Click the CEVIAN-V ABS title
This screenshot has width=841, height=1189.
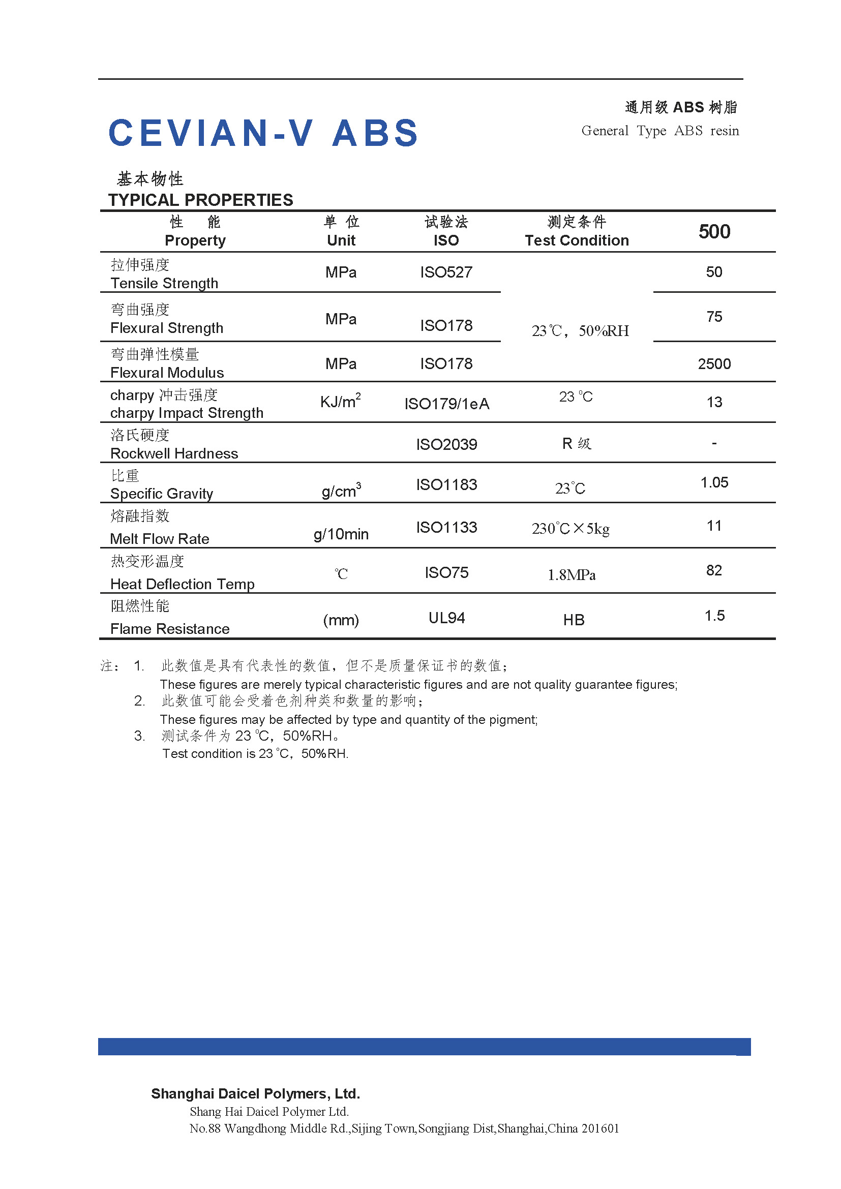tap(262, 133)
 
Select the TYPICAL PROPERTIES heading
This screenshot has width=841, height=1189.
tap(200, 200)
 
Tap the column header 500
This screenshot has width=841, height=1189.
tap(714, 231)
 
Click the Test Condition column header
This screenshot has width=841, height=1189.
tap(577, 240)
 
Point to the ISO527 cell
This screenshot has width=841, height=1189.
tap(446, 272)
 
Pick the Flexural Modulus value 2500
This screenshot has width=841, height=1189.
tap(714, 364)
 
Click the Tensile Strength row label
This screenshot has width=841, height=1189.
tap(164, 283)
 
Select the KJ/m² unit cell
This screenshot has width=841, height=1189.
tap(340, 402)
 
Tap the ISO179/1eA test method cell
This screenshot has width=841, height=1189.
tap(446, 404)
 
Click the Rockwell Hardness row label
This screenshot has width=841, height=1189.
tap(174, 453)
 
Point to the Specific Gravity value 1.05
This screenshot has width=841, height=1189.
tap(714, 482)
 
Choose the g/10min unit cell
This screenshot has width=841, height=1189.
tap(341, 534)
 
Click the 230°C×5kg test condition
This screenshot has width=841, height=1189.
tap(570, 529)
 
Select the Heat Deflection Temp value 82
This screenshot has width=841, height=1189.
tap(713, 571)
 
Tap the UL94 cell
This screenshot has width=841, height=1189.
tap(446, 618)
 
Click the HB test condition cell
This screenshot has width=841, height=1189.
tap(574, 620)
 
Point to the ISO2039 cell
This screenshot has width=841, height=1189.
tap(446, 444)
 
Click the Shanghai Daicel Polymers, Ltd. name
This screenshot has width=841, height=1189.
tap(255, 1094)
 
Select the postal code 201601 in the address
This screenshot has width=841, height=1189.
tap(599, 1129)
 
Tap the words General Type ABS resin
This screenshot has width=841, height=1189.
tap(660, 131)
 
